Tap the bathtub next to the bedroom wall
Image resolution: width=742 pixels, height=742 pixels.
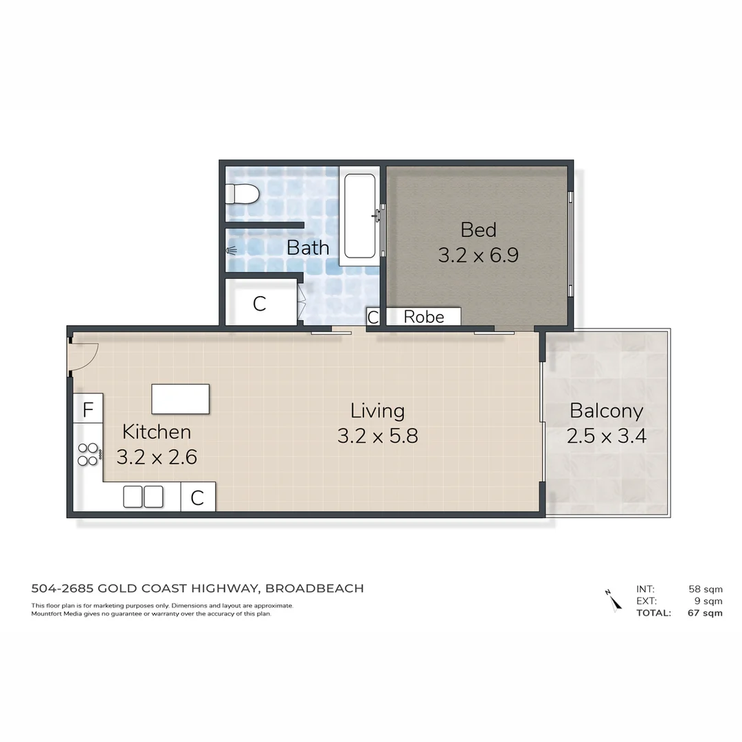(x=359, y=216)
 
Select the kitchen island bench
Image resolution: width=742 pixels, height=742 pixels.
(x=180, y=399)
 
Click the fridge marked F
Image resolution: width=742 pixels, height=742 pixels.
(x=88, y=410)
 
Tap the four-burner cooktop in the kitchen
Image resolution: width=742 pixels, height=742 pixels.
(x=88, y=453)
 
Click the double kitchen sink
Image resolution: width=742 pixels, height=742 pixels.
(x=143, y=496)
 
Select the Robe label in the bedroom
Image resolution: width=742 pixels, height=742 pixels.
(x=423, y=317)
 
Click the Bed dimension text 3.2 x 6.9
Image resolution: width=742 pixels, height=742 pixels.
(x=478, y=256)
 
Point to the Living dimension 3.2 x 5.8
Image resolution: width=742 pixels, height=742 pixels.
(x=377, y=436)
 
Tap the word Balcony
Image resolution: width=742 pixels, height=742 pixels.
(x=606, y=411)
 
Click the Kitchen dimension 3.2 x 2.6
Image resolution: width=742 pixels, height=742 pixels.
(x=157, y=458)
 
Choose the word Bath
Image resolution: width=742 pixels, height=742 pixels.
(x=308, y=247)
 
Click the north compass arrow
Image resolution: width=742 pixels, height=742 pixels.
(x=613, y=600)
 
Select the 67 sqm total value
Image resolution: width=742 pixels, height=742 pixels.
(x=705, y=613)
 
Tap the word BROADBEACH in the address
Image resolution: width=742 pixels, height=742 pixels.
(x=314, y=588)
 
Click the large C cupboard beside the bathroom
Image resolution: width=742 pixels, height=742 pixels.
(x=260, y=304)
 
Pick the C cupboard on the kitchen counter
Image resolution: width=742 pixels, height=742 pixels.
(x=198, y=497)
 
